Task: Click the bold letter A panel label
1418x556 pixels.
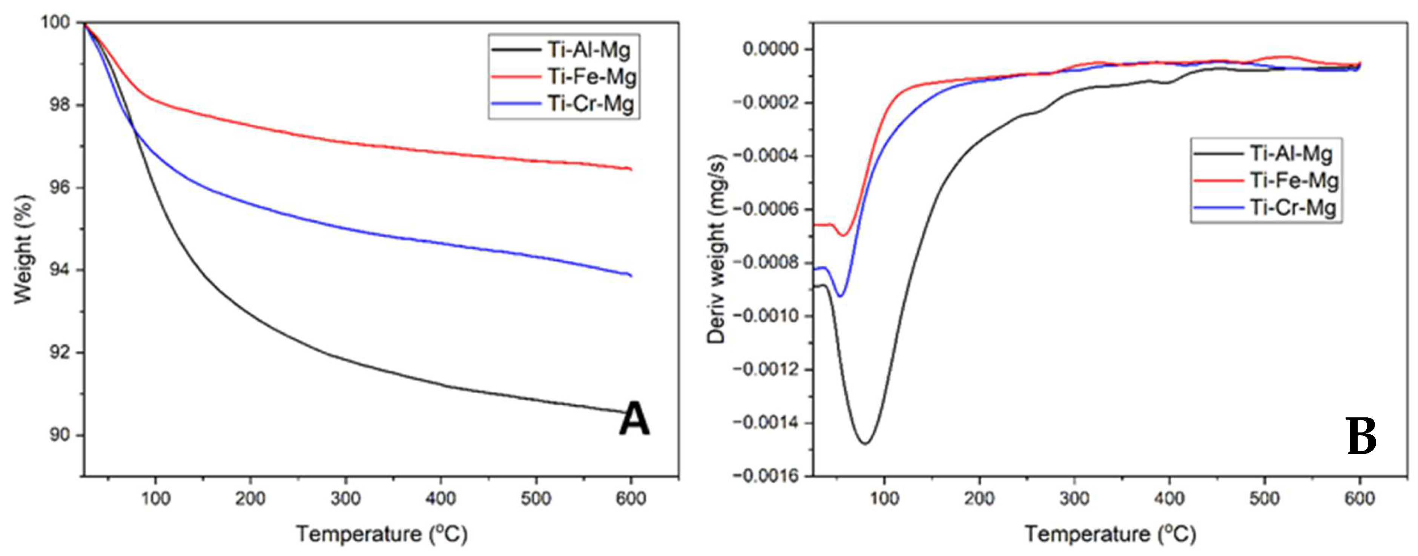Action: (634, 419)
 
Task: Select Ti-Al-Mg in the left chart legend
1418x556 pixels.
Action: (588, 50)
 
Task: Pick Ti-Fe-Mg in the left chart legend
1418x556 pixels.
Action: (591, 76)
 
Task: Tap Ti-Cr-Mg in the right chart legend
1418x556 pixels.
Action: (1292, 207)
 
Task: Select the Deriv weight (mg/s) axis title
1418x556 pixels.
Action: (716, 249)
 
